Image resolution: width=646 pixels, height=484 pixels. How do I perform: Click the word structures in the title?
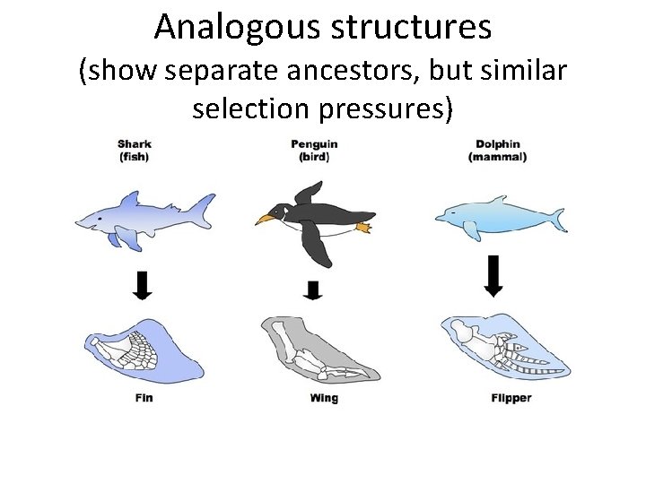(x=414, y=27)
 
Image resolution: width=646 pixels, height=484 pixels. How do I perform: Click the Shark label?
(x=135, y=143)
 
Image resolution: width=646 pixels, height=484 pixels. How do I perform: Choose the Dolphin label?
(x=497, y=143)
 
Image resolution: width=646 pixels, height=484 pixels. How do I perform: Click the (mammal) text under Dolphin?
(x=497, y=156)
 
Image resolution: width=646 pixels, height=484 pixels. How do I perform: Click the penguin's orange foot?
(x=362, y=228)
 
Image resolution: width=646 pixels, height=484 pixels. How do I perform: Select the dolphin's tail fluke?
(x=558, y=219)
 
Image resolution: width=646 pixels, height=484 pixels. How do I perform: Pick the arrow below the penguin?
(x=312, y=290)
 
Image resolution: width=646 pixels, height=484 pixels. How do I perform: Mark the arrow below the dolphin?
(x=493, y=275)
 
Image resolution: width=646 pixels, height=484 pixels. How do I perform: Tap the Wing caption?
(x=323, y=397)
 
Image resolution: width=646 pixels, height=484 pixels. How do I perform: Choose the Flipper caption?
(x=511, y=397)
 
